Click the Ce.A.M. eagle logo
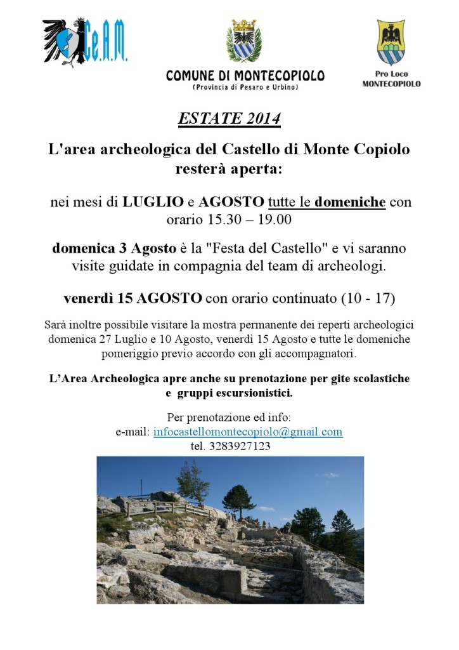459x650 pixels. (x=85, y=41)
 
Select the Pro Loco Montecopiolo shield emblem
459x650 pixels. (x=391, y=43)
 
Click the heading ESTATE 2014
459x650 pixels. (x=229, y=119)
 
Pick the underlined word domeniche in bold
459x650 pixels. (x=350, y=202)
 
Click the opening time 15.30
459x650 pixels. (x=219, y=220)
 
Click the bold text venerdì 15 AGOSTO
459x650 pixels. (x=133, y=298)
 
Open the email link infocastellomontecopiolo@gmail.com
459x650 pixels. (x=248, y=432)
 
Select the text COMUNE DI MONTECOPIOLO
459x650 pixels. (x=245, y=76)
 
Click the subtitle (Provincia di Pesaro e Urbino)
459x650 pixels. (x=245, y=87)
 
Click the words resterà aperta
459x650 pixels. (x=229, y=169)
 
